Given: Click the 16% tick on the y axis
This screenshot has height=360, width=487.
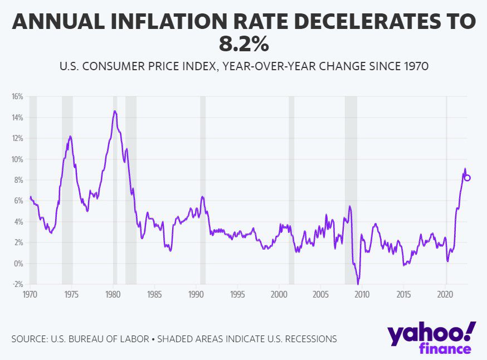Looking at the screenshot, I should pos(17,96).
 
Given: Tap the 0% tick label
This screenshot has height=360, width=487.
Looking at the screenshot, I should pos(18,264).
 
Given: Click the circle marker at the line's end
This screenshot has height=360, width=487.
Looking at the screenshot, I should pos(467,178).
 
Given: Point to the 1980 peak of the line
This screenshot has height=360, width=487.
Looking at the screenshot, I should pos(115,111).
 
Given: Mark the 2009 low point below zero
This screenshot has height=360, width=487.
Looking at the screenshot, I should pos(358,283).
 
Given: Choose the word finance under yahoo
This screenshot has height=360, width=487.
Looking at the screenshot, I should pos(444,349).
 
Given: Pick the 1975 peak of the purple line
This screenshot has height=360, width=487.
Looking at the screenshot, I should pos(70,136).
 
